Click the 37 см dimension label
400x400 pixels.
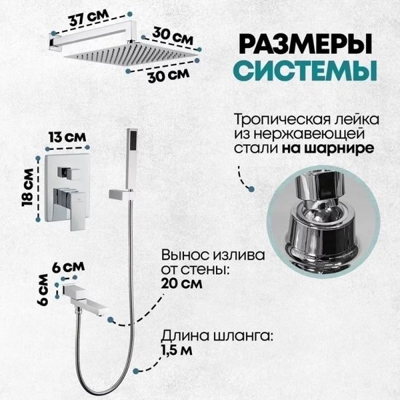tap(89, 18)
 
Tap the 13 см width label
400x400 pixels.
tap(68, 137)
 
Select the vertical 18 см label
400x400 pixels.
tap(28, 188)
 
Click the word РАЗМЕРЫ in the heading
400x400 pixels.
tap(305, 44)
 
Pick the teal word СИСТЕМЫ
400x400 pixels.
tap(305, 70)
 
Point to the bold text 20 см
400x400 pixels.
tap(182, 284)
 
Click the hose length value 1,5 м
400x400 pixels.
tap(177, 350)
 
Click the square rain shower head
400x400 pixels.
tap(131, 52)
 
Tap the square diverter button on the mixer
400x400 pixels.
tap(66, 172)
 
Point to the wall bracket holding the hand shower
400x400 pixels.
tap(121, 194)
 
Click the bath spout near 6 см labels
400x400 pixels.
tap(85, 299)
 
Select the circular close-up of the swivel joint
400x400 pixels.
tap(324, 222)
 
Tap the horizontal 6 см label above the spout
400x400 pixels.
tap(68, 267)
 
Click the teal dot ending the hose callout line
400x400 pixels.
tap(136, 371)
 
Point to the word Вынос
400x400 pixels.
tap(185, 255)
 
